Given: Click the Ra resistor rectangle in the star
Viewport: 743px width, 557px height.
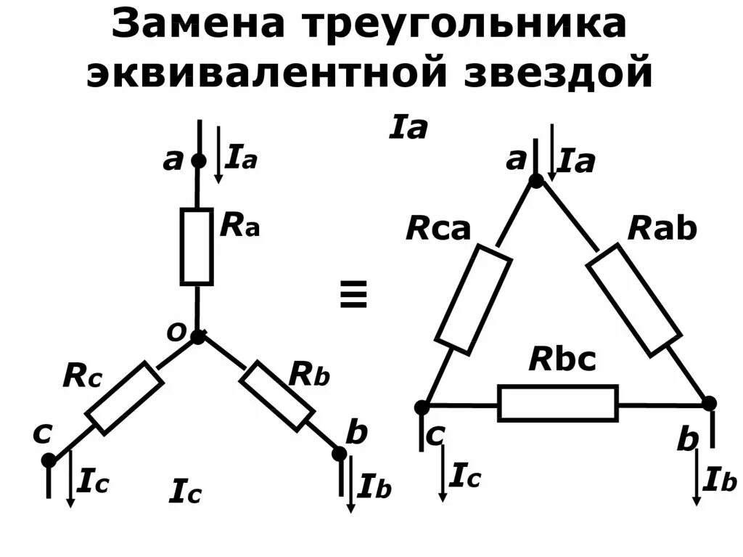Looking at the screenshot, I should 197,246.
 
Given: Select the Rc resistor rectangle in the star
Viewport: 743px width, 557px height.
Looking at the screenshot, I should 124,398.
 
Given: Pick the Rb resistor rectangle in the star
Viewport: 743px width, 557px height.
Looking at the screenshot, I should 276,396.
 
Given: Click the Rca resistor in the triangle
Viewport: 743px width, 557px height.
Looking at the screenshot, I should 473,298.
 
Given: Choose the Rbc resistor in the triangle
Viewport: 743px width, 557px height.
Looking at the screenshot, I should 558,404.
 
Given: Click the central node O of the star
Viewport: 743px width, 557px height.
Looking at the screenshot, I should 197,336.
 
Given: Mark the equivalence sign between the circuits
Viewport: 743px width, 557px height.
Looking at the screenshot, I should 353,296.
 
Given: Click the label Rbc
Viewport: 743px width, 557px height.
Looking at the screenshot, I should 562,359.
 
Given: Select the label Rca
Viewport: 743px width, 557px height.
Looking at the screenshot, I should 438,229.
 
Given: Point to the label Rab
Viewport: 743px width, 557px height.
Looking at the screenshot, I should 662,229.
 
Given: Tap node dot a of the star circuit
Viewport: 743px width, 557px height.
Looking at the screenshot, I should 197,160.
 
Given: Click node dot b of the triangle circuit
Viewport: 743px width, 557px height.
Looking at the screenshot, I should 710,403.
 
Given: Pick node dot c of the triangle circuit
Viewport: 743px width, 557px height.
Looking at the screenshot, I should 422,407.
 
